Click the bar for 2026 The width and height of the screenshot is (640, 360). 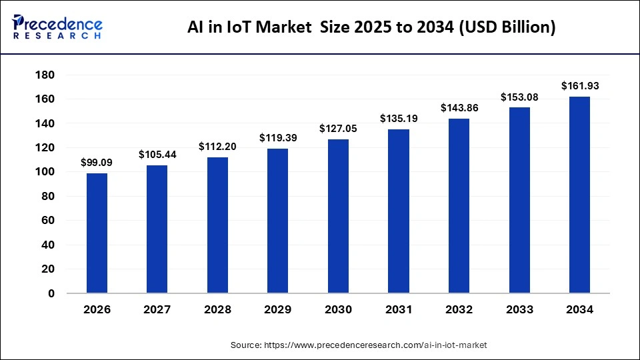tap(97, 233)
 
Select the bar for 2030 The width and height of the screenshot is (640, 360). tap(338, 216)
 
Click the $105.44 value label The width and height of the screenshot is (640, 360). tap(157, 155)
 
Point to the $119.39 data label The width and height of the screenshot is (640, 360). tap(278, 138)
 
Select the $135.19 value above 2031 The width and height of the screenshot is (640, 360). tap(399, 119)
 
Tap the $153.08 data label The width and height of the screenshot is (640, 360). tap(519, 97)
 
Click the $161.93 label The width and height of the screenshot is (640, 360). tap(579, 85)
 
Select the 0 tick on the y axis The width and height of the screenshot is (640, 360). tap(50, 293)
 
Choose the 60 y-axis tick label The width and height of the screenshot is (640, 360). tap(47, 221)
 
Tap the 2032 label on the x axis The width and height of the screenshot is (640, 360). tap(459, 310)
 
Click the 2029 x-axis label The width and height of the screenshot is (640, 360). tap(278, 310)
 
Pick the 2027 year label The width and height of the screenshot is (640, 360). tap(157, 310)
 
